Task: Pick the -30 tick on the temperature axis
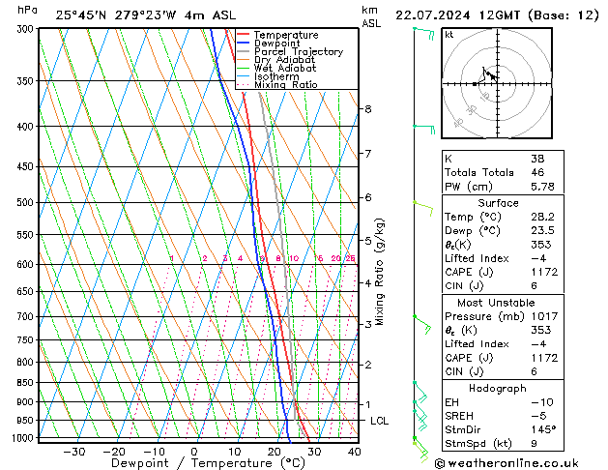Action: pos(74,451)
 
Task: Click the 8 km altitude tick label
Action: pos(367,109)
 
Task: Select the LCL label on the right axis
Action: pos(380,421)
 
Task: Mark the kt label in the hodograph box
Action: pos(449,34)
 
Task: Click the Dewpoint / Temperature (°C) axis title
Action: pos(195,463)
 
